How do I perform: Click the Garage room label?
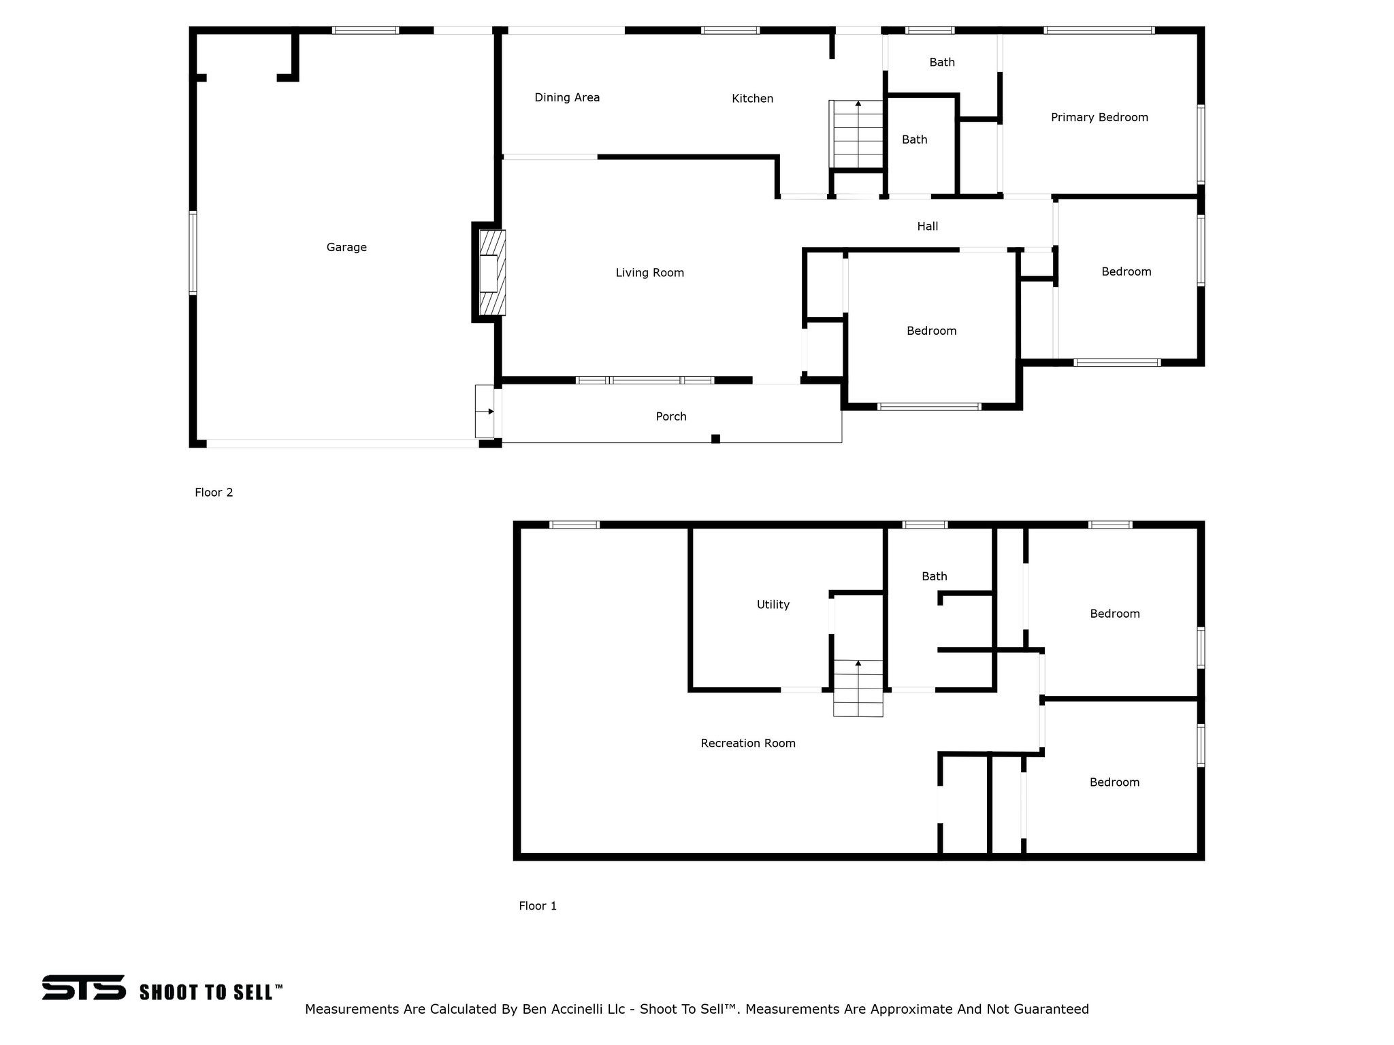coord(346,248)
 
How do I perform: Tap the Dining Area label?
coord(567,97)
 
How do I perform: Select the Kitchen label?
coord(752,99)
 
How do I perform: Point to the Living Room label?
coord(649,273)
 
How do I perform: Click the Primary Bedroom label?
coord(1099,117)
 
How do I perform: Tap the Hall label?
coord(927,227)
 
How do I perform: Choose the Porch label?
coord(671,416)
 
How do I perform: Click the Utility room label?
coord(773,605)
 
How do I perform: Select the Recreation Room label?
coord(748,744)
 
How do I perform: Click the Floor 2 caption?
coord(214,493)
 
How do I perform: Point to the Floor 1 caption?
coord(538,906)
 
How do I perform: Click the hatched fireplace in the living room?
coord(492,272)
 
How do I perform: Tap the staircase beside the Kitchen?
coord(856,134)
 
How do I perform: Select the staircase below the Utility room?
coord(858,688)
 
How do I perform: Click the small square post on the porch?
coord(715,439)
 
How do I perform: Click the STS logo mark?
coord(84,987)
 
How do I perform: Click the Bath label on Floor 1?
coord(934,577)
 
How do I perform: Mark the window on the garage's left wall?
coord(193,253)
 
